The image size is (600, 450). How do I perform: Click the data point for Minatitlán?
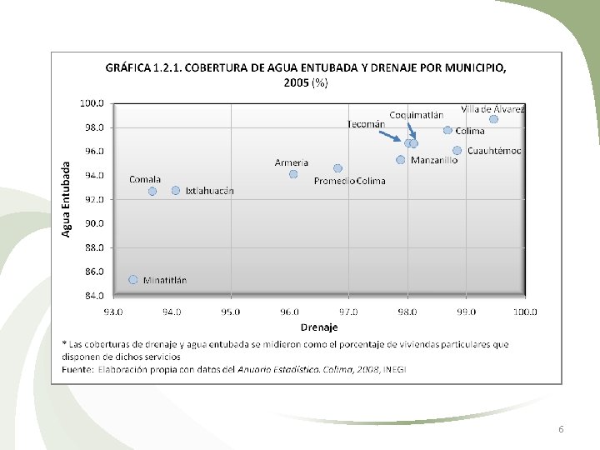pyautogui.click(x=132, y=280)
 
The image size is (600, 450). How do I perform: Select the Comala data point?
pyautogui.click(x=152, y=191)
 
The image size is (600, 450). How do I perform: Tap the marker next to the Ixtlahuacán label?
pyautogui.click(x=176, y=190)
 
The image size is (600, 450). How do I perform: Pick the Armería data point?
pyautogui.click(x=293, y=174)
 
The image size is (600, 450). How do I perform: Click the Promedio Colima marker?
pyautogui.click(x=337, y=168)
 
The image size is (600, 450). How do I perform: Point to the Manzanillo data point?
pyautogui.click(x=400, y=159)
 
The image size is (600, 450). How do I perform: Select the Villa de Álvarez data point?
pyautogui.click(x=493, y=119)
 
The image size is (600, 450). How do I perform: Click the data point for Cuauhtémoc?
pyautogui.click(x=457, y=150)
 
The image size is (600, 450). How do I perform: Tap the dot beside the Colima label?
pyautogui.click(x=447, y=130)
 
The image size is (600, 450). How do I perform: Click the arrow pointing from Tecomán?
pyautogui.click(x=389, y=136)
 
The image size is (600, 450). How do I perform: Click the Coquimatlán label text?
pyautogui.click(x=417, y=115)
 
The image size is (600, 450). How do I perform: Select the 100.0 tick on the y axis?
pyautogui.click(x=92, y=103)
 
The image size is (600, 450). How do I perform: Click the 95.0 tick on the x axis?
pyautogui.click(x=231, y=312)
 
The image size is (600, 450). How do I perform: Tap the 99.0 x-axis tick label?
pyautogui.click(x=466, y=312)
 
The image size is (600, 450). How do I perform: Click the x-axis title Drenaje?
pyautogui.click(x=319, y=327)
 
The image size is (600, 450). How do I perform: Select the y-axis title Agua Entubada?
pyautogui.click(x=66, y=199)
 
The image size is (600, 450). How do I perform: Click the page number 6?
pyautogui.click(x=561, y=429)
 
